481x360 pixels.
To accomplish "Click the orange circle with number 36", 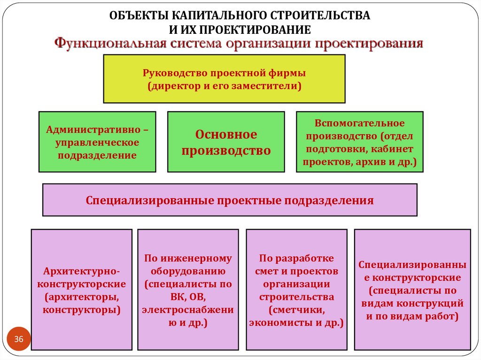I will [x=19, y=339].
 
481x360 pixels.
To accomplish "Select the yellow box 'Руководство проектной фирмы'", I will [x=224, y=79].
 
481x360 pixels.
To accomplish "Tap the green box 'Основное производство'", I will [x=226, y=142].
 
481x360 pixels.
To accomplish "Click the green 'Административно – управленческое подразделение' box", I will [x=97, y=142].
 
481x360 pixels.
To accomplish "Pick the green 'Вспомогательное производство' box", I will [x=359, y=142].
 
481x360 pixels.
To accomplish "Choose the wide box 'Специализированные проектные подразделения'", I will [x=230, y=200].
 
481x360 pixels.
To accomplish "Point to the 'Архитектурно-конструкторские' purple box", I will [x=81, y=290].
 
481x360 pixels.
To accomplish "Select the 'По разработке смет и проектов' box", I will [x=296, y=290].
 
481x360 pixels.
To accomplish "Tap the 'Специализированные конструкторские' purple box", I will [x=412, y=290].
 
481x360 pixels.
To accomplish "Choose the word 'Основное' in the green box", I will [x=226, y=135].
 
